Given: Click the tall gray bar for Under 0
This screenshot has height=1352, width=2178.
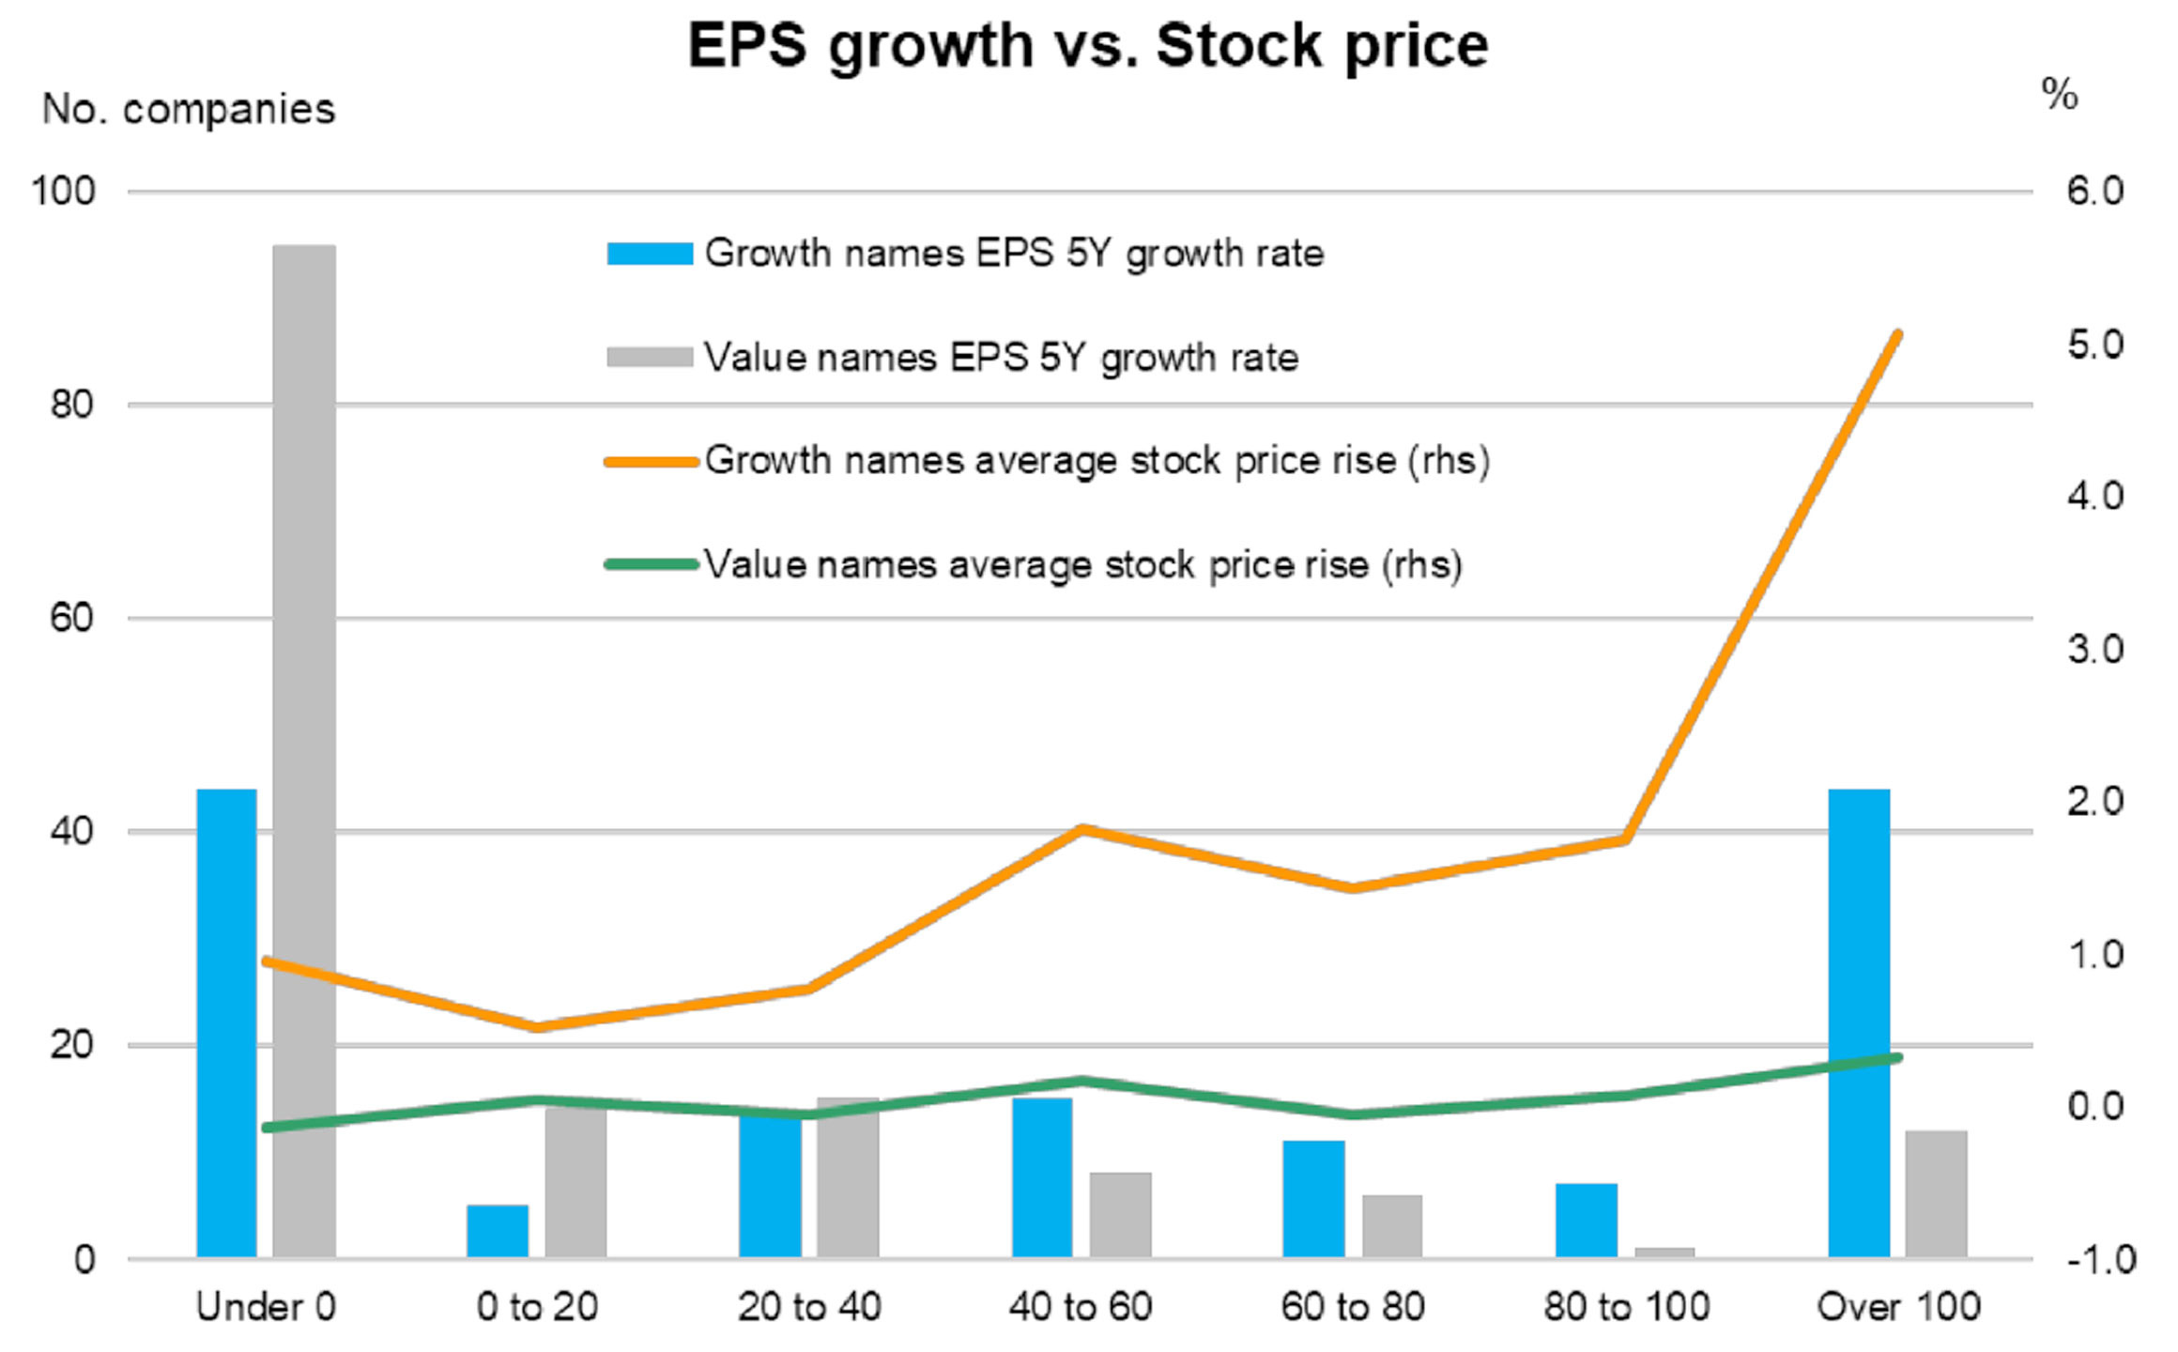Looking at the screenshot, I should [304, 751].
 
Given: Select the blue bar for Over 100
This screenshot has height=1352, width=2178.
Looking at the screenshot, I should [1859, 1023].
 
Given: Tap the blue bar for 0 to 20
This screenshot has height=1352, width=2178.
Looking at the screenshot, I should [498, 1231].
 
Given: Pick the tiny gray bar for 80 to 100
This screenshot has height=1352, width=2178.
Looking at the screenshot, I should [1664, 1252].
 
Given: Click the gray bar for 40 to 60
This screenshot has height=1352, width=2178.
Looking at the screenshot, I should [1120, 1215].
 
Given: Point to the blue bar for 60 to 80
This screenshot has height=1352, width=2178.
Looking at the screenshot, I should [1313, 1199].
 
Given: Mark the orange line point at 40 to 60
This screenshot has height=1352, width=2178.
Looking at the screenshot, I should [1081, 830].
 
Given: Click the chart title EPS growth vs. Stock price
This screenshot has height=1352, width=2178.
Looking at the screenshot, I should [1088, 45].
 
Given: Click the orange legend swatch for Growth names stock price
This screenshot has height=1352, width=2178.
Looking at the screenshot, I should [651, 461].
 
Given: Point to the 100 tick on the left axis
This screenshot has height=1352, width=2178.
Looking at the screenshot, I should [64, 192].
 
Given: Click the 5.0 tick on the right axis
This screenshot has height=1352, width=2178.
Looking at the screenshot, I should [2094, 345].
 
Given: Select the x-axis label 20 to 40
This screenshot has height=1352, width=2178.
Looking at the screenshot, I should [809, 1307].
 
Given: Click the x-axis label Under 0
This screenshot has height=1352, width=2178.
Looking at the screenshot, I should [266, 1307].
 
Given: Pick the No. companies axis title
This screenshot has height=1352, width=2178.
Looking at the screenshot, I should [189, 110].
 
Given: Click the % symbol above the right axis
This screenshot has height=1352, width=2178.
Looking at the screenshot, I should [2060, 94].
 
